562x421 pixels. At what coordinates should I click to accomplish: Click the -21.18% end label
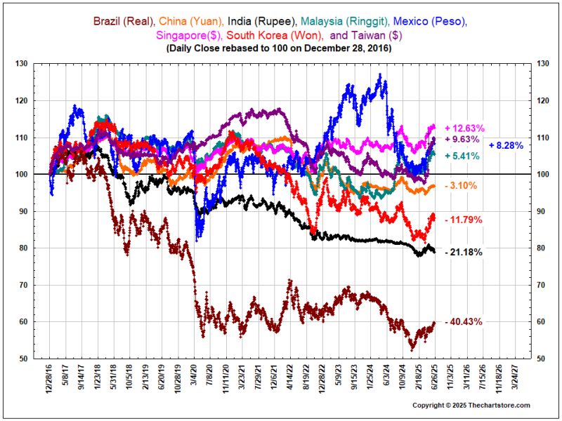pos(463,252)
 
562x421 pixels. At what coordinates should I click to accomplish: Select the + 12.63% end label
pos(464,128)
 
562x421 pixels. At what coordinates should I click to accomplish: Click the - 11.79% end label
pos(463,220)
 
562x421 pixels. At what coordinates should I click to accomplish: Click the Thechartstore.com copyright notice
pos(471,406)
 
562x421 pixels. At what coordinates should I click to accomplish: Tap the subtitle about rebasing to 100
pos(280,49)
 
